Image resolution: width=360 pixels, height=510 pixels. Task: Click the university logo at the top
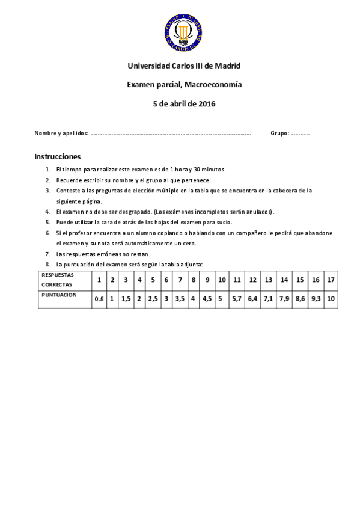coord(181,32)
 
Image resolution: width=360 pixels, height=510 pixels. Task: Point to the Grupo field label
coord(279,133)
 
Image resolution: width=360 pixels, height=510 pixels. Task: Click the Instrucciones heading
coord(58,156)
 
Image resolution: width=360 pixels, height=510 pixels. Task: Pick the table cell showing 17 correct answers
coord(331,280)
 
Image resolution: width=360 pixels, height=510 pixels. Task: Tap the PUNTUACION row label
coord(59,295)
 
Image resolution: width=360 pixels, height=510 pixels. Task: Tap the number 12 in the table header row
coord(253,280)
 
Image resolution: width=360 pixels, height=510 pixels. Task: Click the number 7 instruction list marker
coord(47,254)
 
